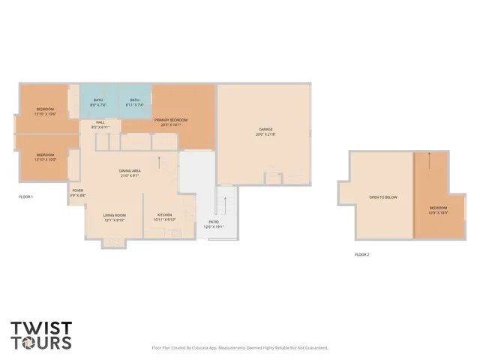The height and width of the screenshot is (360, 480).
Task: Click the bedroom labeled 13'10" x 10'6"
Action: pos(46,112)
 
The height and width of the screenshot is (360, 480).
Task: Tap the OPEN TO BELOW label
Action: pos(382,198)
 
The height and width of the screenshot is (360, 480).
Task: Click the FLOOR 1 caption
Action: pos(26,196)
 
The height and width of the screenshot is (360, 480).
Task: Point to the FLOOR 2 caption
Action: pos(362,255)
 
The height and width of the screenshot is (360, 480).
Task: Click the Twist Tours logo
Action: pos(41,334)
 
